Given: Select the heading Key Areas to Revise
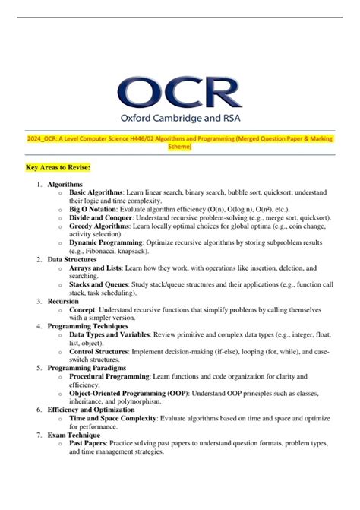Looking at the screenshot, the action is [x=58, y=167].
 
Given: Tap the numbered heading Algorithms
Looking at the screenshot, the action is [x=65, y=185].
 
